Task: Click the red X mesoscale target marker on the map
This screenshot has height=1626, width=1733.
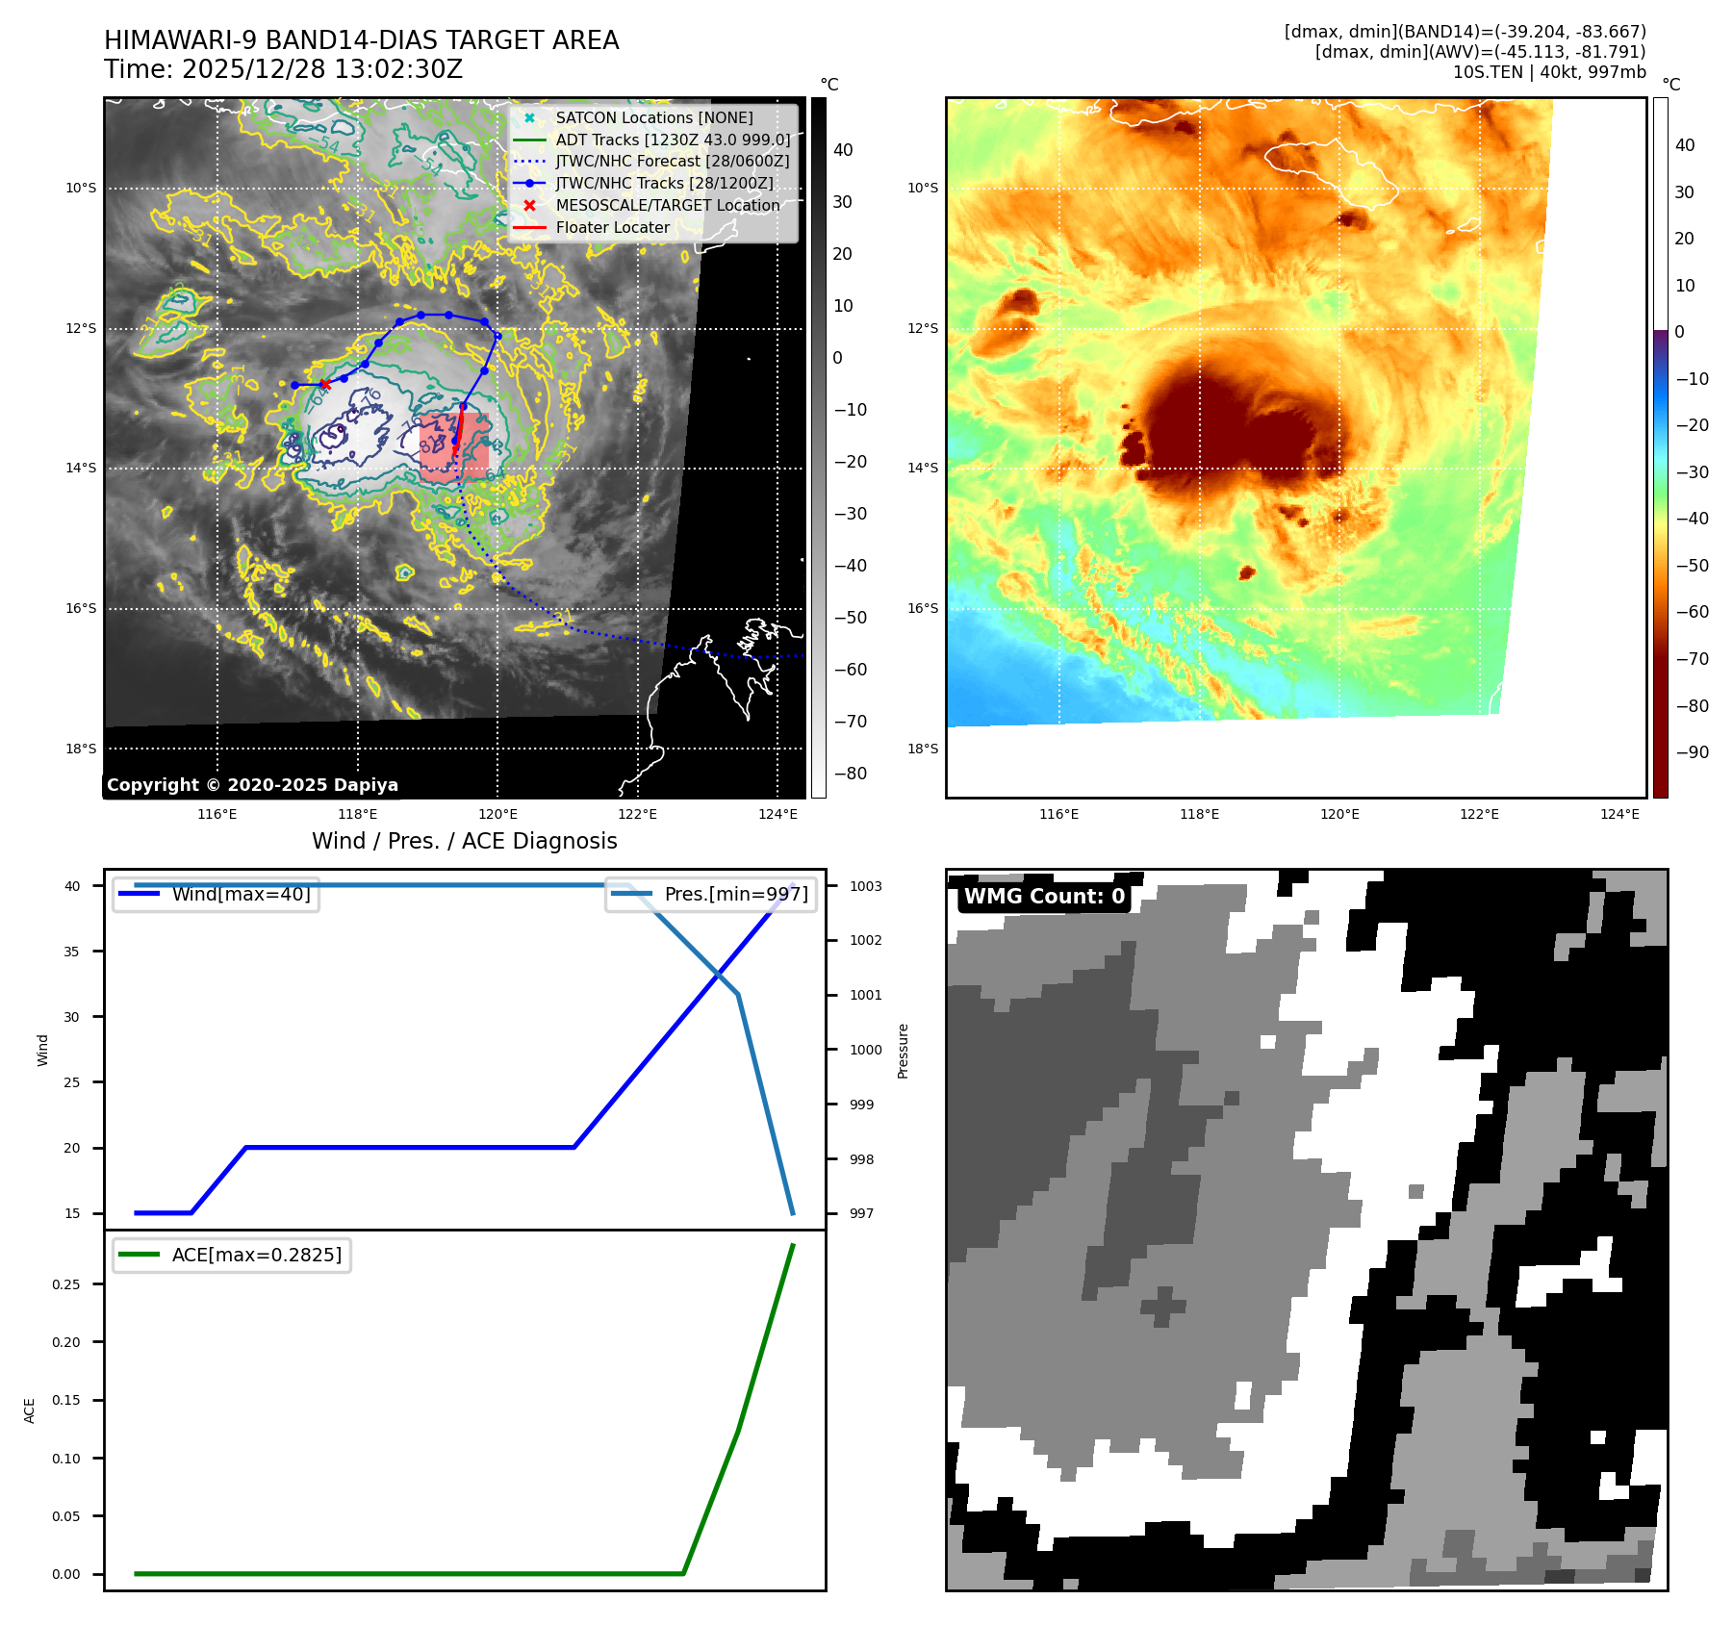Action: [325, 384]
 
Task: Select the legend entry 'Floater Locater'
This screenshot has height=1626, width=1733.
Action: [612, 227]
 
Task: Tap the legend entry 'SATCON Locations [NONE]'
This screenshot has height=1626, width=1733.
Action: [653, 117]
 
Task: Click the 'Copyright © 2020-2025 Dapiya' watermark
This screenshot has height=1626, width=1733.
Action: [252, 784]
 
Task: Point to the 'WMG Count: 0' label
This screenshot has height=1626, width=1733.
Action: [1044, 896]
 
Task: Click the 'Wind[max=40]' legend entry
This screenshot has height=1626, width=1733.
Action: [241, 894]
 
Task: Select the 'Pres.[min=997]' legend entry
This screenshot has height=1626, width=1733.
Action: [736, 894]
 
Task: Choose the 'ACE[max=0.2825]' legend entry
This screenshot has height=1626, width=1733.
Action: [256, 1255]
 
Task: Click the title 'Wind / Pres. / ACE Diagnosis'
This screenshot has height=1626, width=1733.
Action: [464, 841]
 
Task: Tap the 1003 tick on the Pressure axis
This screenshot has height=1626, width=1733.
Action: [865, 886]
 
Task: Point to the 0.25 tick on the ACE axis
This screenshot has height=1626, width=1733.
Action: [66, 1284]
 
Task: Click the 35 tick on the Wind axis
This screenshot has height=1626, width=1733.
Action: [72, 952]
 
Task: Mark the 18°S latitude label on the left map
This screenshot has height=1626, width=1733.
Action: [81, 749]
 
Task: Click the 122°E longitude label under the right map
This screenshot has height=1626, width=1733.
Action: [1479, 814]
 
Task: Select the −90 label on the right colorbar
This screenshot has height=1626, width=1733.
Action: [1692, 752]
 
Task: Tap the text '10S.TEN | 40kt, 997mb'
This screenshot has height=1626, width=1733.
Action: [1548, 71]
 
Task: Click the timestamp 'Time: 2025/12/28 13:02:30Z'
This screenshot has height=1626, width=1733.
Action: [283, 69]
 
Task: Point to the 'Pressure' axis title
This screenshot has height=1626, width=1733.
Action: [903, 1051]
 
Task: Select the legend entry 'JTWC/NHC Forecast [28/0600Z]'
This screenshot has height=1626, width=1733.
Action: [672, 162]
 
